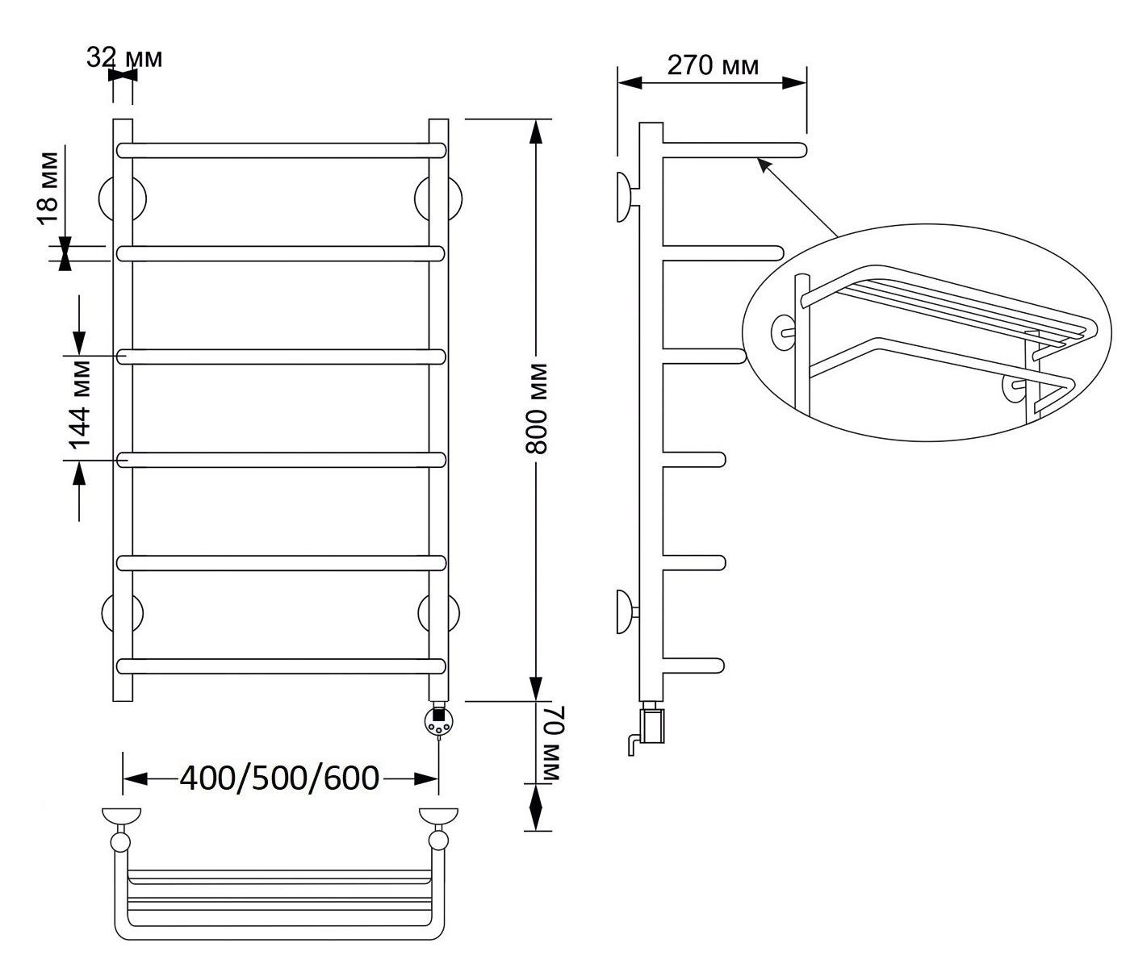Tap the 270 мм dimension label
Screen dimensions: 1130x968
click(713, 66)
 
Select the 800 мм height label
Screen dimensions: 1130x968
click(536, 408)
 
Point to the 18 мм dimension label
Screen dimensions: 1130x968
click(48, 188)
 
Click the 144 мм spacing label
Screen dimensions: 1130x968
click(81, 404)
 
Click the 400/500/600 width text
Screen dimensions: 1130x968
click(279, 778)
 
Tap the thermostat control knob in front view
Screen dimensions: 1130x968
click(438, 722)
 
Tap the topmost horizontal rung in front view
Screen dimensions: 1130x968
click(281, 150)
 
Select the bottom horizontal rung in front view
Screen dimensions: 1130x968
click(281, 666)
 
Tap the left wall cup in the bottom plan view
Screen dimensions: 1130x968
click(121, 816)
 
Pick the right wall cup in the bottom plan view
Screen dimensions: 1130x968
click(438, 816)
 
